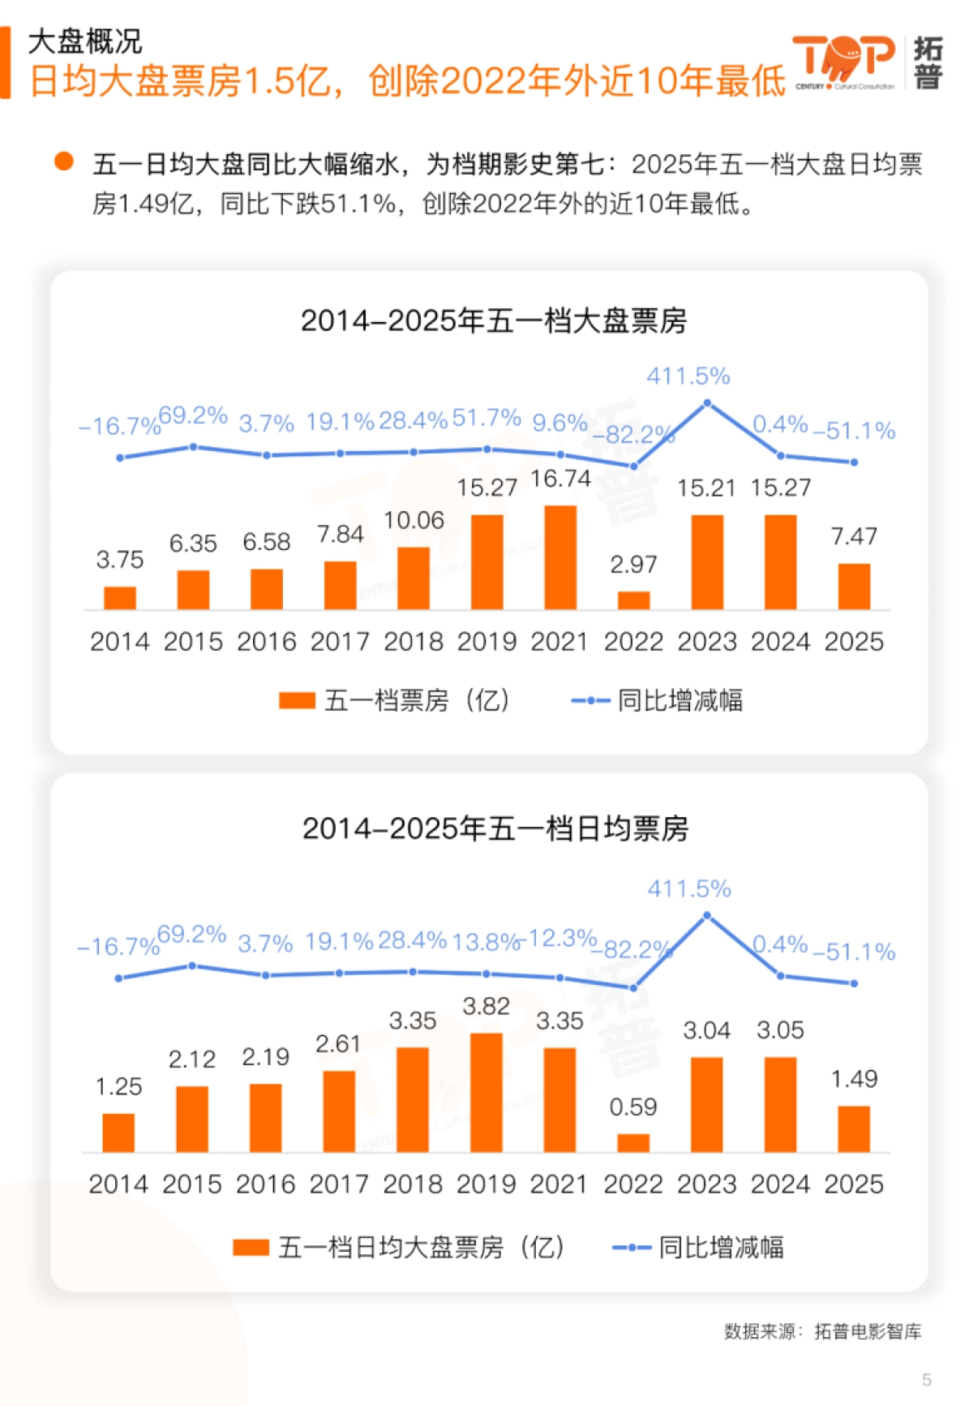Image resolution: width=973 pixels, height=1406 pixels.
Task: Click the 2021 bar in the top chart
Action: [x=560, y=557]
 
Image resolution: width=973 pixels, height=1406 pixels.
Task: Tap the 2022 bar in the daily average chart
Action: [x=633, y=1142]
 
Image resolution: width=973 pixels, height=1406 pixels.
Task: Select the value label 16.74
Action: [x=560, y=479]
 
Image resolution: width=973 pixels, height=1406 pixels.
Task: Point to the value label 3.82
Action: [x=486, y=1007]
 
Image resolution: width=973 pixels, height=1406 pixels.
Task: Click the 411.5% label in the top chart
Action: [x=688, y=376]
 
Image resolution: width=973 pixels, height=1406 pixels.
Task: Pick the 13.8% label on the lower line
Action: [x=485, y=942]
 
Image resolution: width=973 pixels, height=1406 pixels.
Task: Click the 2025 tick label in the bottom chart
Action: [x=854, y=1185]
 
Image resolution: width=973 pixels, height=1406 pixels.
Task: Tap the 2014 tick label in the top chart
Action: [x=120, y=642]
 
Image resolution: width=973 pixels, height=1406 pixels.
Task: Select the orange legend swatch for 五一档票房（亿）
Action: [x=297, y=700]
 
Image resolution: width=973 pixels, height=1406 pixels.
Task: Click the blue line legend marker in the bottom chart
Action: [x=631, y=1247]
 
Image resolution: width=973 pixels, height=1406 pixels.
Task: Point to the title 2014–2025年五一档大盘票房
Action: [x=493, y=320]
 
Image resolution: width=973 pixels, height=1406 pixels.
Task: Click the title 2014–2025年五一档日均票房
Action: [x=495, y=828]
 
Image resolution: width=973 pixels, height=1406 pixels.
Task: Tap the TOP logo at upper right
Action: [x=843, y=61]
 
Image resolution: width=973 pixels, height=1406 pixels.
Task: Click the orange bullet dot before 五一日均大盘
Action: [x=64, y=161]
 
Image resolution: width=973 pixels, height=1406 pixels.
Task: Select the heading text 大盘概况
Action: [x=85, y=41]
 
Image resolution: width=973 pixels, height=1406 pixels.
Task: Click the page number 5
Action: [x=926, y=1379]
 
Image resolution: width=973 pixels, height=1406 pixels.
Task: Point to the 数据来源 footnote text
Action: [x=822, y=1331]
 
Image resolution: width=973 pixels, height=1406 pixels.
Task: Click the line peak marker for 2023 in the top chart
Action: [x=707, y=403]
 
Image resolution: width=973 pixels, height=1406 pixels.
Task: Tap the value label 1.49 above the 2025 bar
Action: [x=854, y=1079]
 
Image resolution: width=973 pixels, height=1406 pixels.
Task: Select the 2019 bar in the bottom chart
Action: [x=486, y=1092]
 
